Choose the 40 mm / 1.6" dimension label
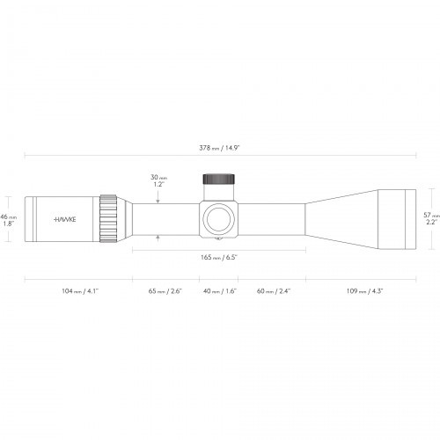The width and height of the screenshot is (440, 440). [218, 290]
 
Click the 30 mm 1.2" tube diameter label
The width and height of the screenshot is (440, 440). [158, 181]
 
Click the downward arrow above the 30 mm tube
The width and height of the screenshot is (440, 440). [158, 198]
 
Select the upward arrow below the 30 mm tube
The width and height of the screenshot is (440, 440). [158, 238]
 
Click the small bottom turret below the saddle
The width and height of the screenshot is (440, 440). [218, 238]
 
